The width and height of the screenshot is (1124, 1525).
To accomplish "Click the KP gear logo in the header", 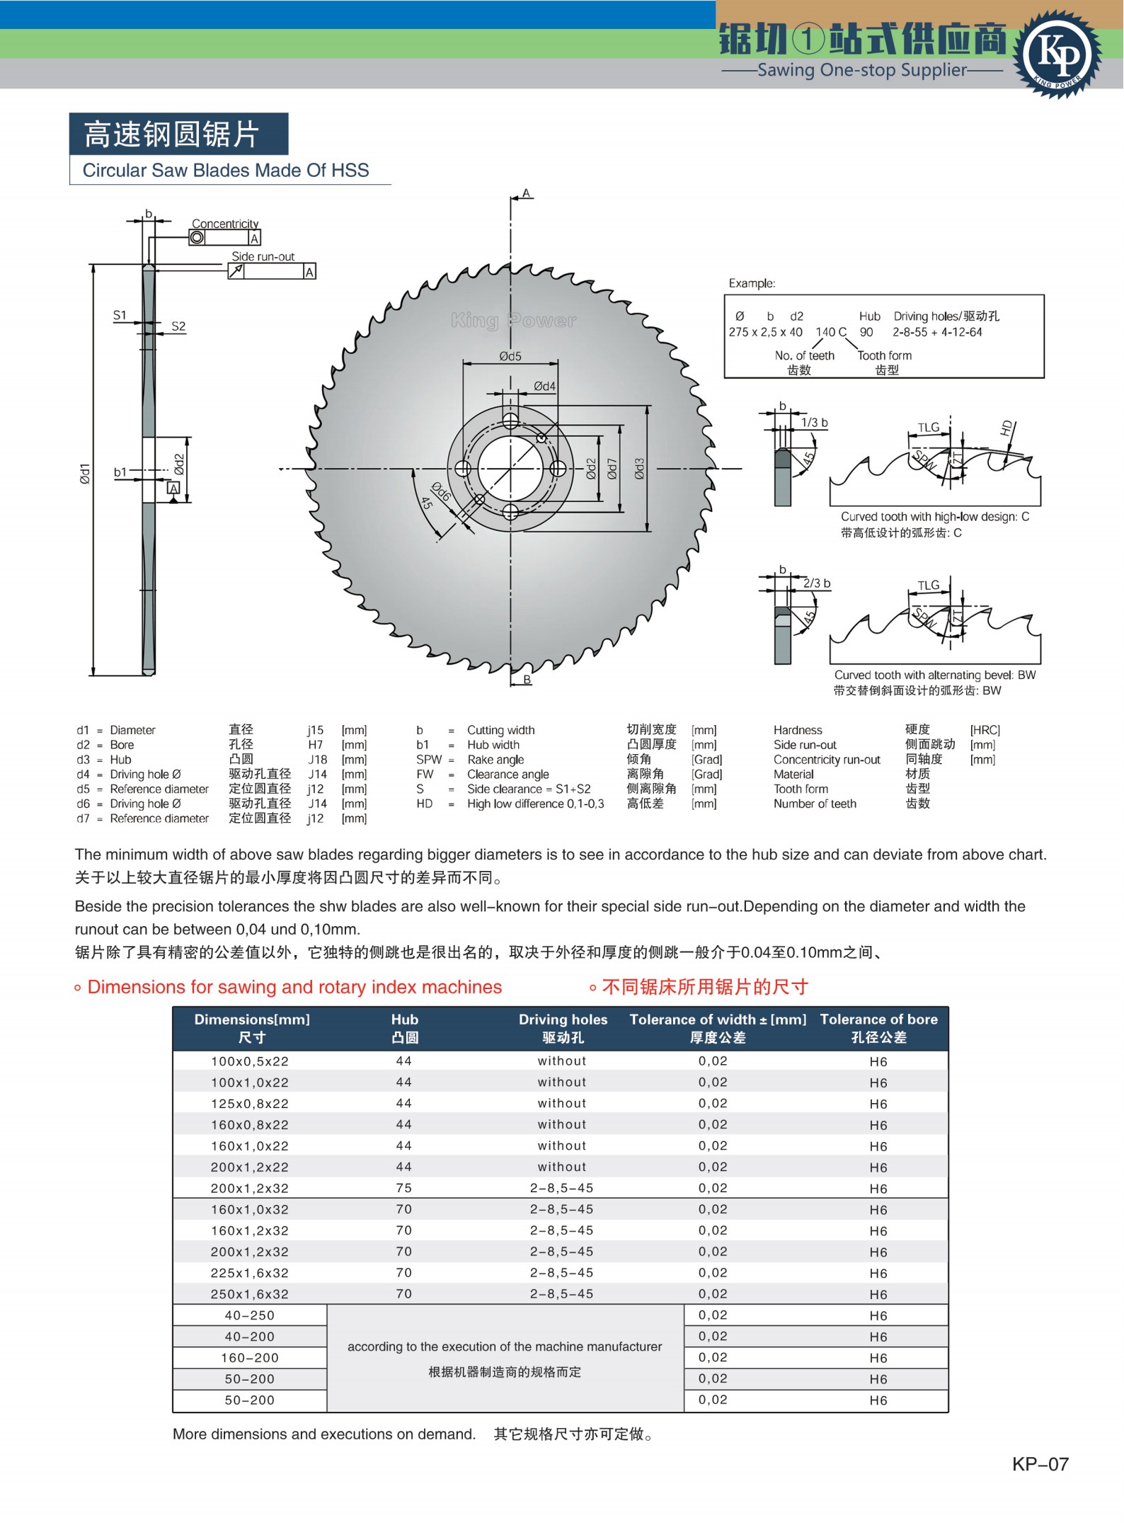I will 1057,55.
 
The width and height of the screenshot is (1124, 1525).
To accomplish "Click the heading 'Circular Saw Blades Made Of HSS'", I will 226,171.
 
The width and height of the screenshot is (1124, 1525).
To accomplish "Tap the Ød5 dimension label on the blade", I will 510,356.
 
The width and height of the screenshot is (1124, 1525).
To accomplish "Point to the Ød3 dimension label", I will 639,468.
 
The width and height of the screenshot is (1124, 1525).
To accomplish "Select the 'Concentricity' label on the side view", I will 225,224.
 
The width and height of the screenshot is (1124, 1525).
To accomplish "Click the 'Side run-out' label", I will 263,256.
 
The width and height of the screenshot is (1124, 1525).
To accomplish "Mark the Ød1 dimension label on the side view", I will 85,474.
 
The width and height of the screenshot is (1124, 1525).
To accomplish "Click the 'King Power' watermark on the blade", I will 514,321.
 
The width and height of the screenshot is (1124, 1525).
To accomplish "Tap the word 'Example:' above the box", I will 752,283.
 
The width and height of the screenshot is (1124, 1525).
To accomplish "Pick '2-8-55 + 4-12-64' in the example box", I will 936,332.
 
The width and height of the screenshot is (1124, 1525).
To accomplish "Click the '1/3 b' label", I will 814,423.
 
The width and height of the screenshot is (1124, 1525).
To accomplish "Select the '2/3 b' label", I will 817,583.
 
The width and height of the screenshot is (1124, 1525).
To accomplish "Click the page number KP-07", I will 1040,1464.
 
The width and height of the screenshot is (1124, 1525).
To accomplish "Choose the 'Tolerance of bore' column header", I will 878,1019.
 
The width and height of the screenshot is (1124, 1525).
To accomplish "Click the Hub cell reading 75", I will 404,1188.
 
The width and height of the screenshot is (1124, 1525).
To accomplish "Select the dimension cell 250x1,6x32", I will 250,1294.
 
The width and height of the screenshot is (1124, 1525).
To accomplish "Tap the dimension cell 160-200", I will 250,1358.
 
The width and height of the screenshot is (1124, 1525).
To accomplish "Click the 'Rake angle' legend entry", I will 495,760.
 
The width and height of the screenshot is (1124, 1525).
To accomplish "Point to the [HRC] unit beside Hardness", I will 985,730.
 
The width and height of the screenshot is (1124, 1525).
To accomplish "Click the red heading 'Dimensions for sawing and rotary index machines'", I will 294,987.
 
